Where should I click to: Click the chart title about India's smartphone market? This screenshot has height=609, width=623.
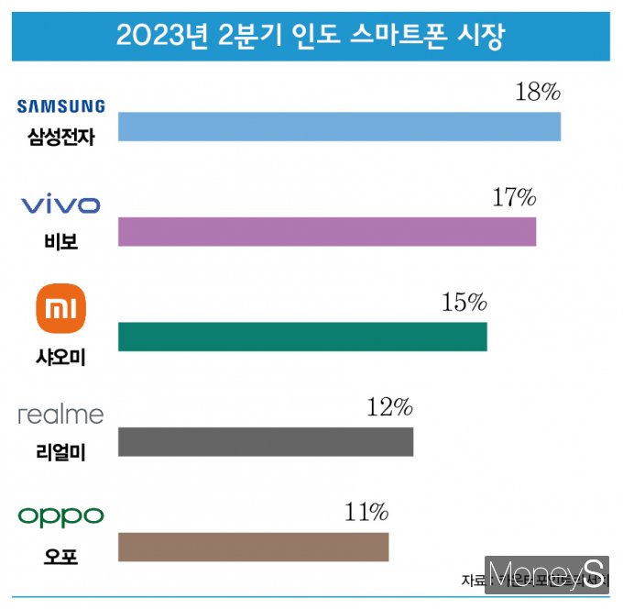click(x=311, y=37)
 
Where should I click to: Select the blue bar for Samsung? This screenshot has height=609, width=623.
click(x=339, y=127)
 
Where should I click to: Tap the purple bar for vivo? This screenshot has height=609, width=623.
click(x=327, y=232)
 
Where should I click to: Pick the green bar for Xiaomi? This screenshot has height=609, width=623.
click(x=302, y=337)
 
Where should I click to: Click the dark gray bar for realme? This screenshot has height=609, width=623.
click(x=266, y=441)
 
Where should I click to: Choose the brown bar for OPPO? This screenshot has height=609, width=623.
click(x=254, y=547)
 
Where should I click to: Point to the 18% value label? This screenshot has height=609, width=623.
click(x=537, y=93)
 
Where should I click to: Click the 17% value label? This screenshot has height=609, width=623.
click(x=513, y=197)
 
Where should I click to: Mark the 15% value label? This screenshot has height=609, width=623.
click(x=464, y=302)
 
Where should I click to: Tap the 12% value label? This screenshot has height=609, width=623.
click(x=390, y=407)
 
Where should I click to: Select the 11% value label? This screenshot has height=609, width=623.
click(x=366, y=512)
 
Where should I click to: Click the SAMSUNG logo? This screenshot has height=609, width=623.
click(x=61, y=106)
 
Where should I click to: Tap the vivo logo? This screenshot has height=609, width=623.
click(x=60, y=205)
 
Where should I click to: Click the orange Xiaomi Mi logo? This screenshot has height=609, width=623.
click(x=60, y=309)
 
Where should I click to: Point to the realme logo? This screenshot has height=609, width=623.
click(x=61, y=415)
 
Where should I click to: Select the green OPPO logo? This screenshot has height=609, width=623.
click(x=61, y=516)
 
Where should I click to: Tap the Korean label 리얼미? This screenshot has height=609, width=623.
click(x=60, y=451)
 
